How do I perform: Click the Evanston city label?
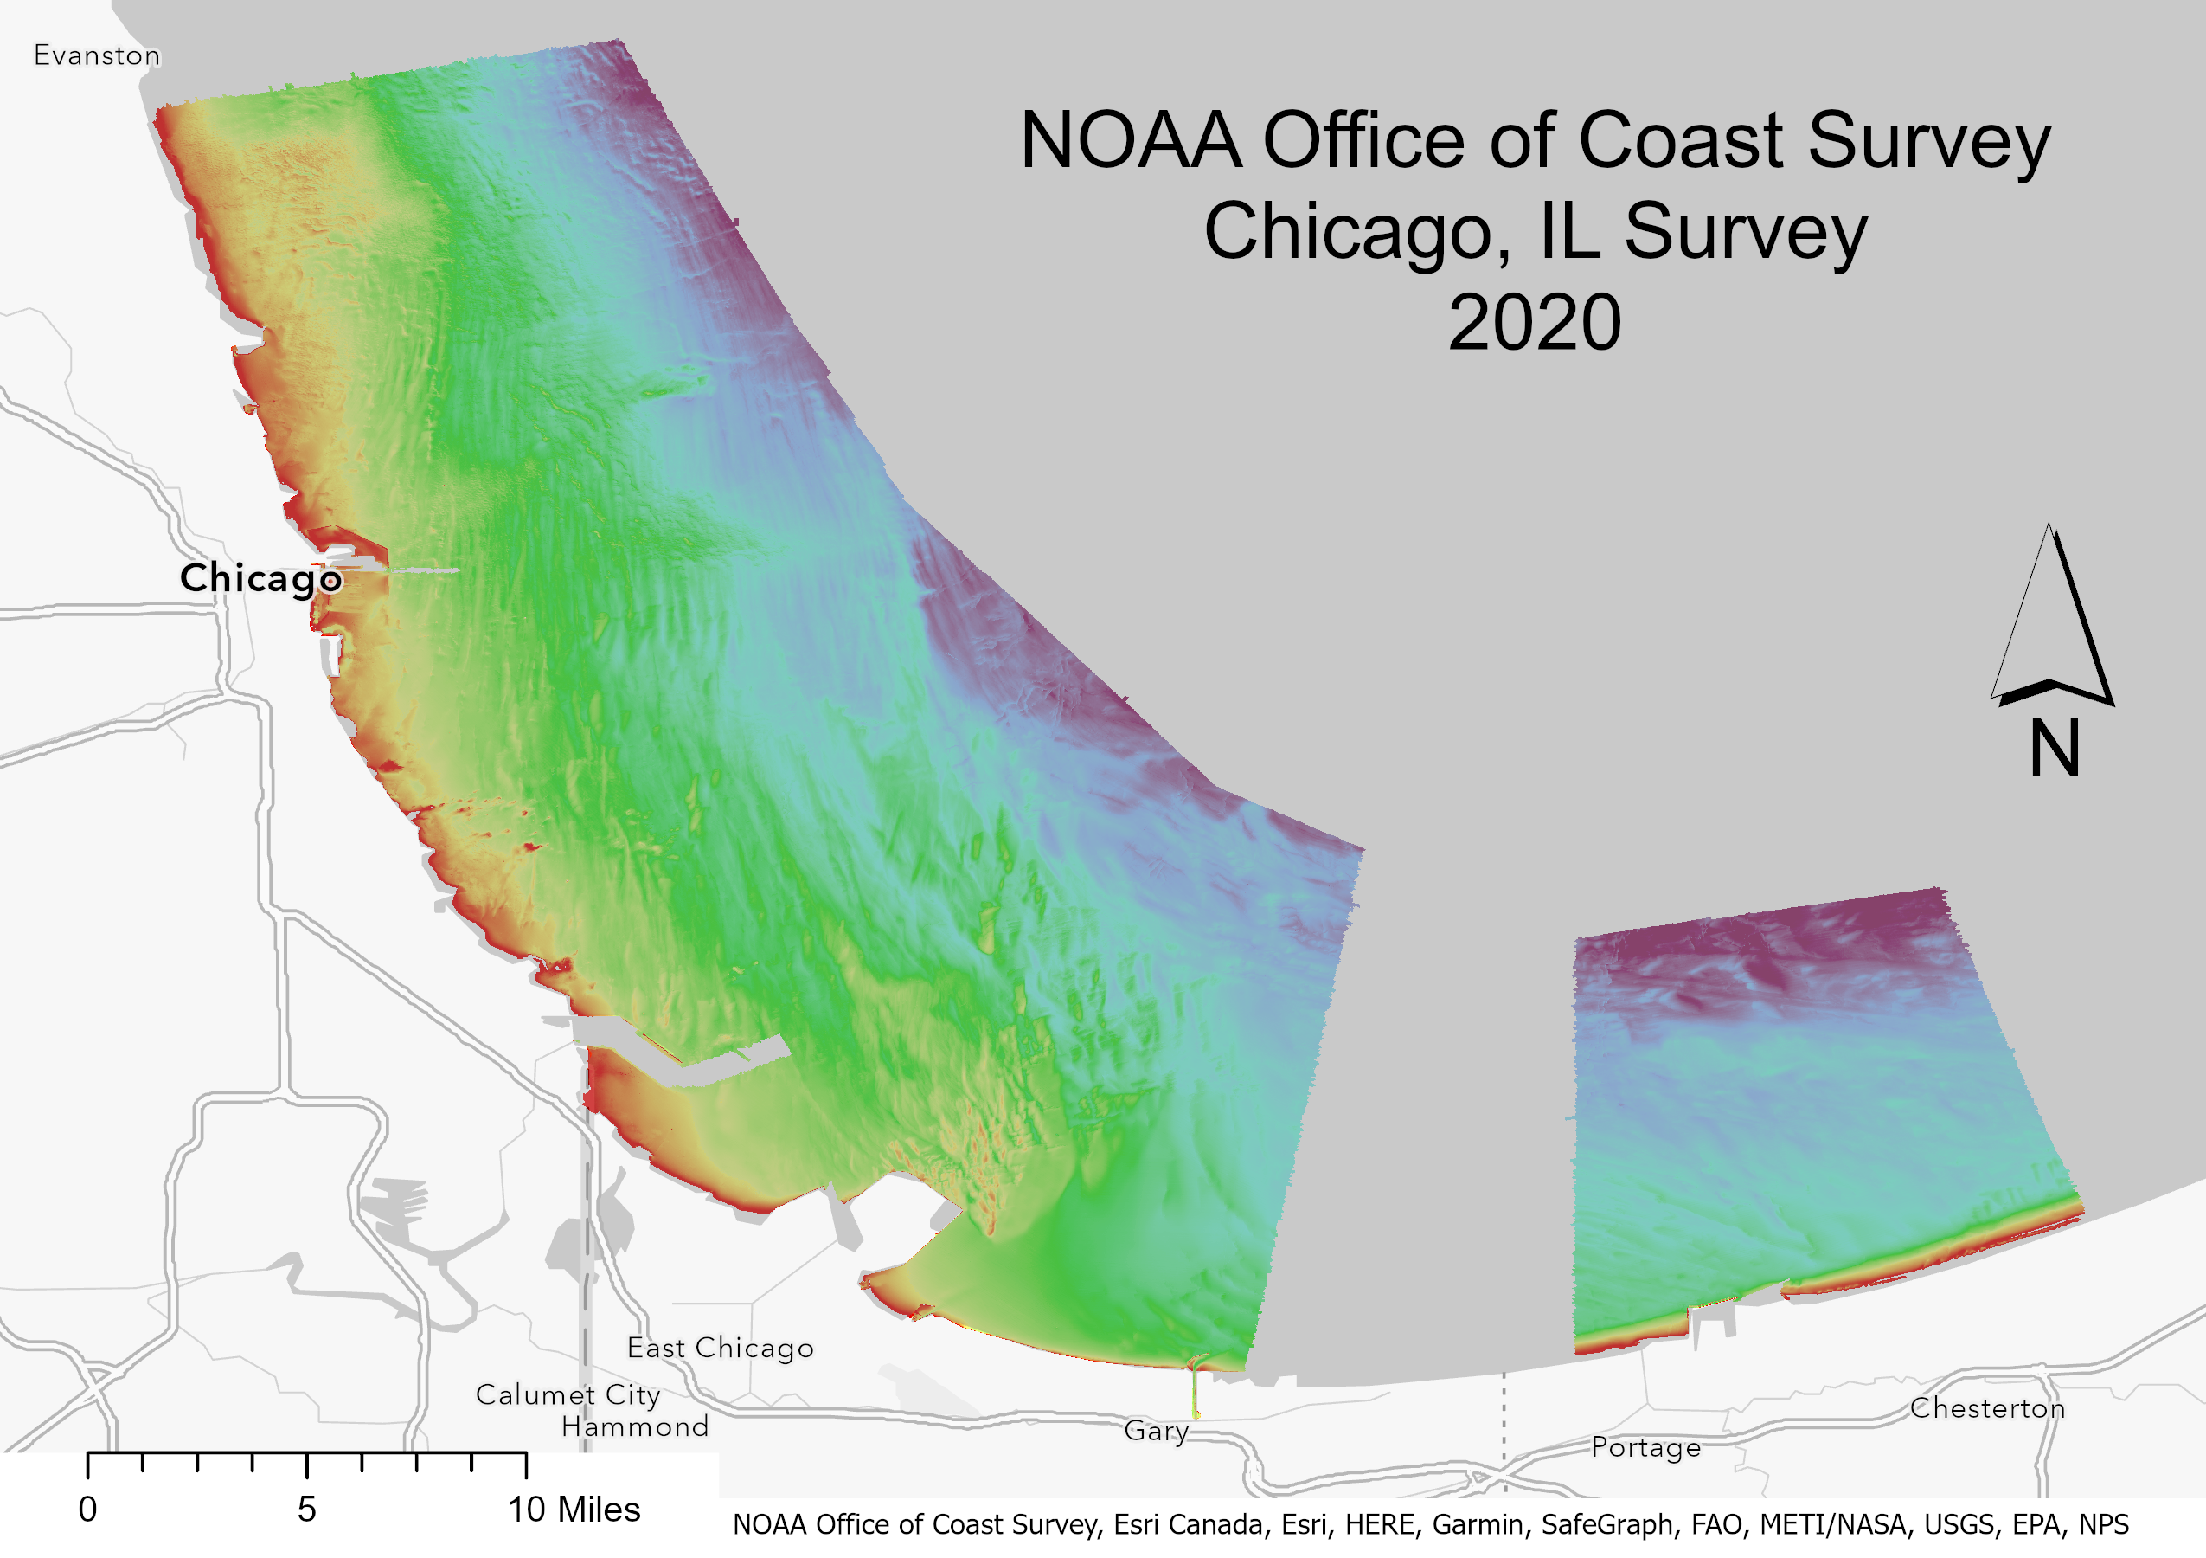(96, 55)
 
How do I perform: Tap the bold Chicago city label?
(260, 578)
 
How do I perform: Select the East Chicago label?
(720, 1349)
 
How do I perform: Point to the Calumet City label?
(567, 1394)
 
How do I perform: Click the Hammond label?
(634, 1426)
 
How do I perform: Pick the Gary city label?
(1156, 1431)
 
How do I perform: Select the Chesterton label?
(1986, 1408)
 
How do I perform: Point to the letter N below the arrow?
(2055, 749)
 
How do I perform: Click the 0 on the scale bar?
(87, 1510)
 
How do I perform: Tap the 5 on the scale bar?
(306, 1510)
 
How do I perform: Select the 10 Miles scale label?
(574, 1510)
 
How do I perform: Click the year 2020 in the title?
(1535, 323)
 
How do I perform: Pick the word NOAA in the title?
(1130, 141)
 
